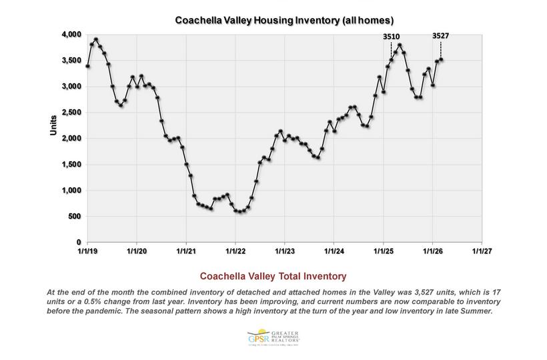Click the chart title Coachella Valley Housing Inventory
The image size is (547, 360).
(273, 20)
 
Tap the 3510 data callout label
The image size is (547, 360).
(392, 37)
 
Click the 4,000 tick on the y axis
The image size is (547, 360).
(71, 34)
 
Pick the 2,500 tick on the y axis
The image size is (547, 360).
(71, 112)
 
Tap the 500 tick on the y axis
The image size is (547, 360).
(75, 216)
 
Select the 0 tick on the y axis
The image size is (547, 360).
(79, 242)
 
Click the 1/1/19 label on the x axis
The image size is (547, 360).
(87, 251)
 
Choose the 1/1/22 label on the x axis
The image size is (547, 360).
(235, 251)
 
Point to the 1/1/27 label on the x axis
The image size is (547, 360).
(482, 251)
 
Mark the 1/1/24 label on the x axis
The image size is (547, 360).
(334, 251)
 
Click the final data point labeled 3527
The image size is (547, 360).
(441, 59)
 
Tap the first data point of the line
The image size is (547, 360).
(87, 66)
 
